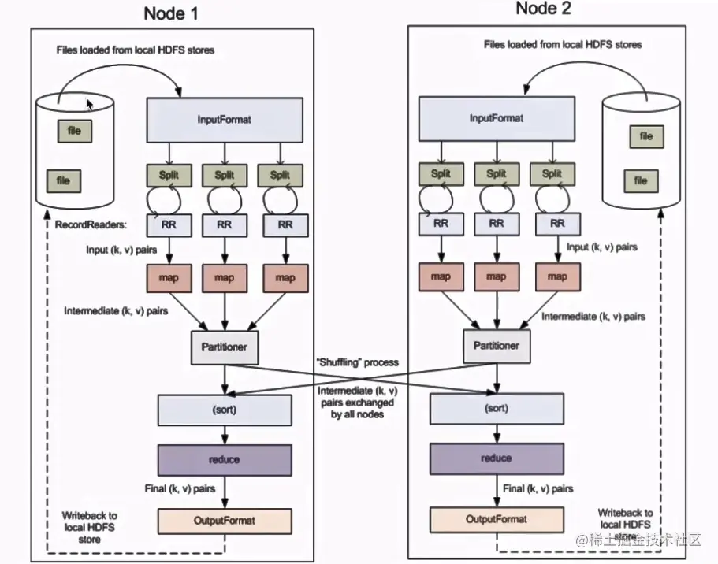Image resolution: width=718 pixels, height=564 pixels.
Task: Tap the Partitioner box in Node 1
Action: [225, 345]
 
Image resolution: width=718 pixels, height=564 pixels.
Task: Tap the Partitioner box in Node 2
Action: [496, 344]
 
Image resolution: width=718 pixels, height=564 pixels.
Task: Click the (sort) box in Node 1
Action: [225, 409]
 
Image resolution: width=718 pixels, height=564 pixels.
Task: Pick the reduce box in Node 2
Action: [496, 458]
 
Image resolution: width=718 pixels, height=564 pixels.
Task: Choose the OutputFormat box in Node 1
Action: [225, 520]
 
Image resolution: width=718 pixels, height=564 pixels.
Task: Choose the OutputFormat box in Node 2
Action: [496, 519]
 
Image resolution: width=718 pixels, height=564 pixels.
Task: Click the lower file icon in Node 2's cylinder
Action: [641, 180]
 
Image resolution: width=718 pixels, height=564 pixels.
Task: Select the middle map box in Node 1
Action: [225, 277]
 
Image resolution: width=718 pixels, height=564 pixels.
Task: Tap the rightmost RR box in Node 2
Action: [556, 224]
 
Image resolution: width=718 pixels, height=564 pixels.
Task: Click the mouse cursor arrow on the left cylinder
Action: [89, 103]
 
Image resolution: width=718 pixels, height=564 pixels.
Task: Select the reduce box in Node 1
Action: [225, 458]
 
